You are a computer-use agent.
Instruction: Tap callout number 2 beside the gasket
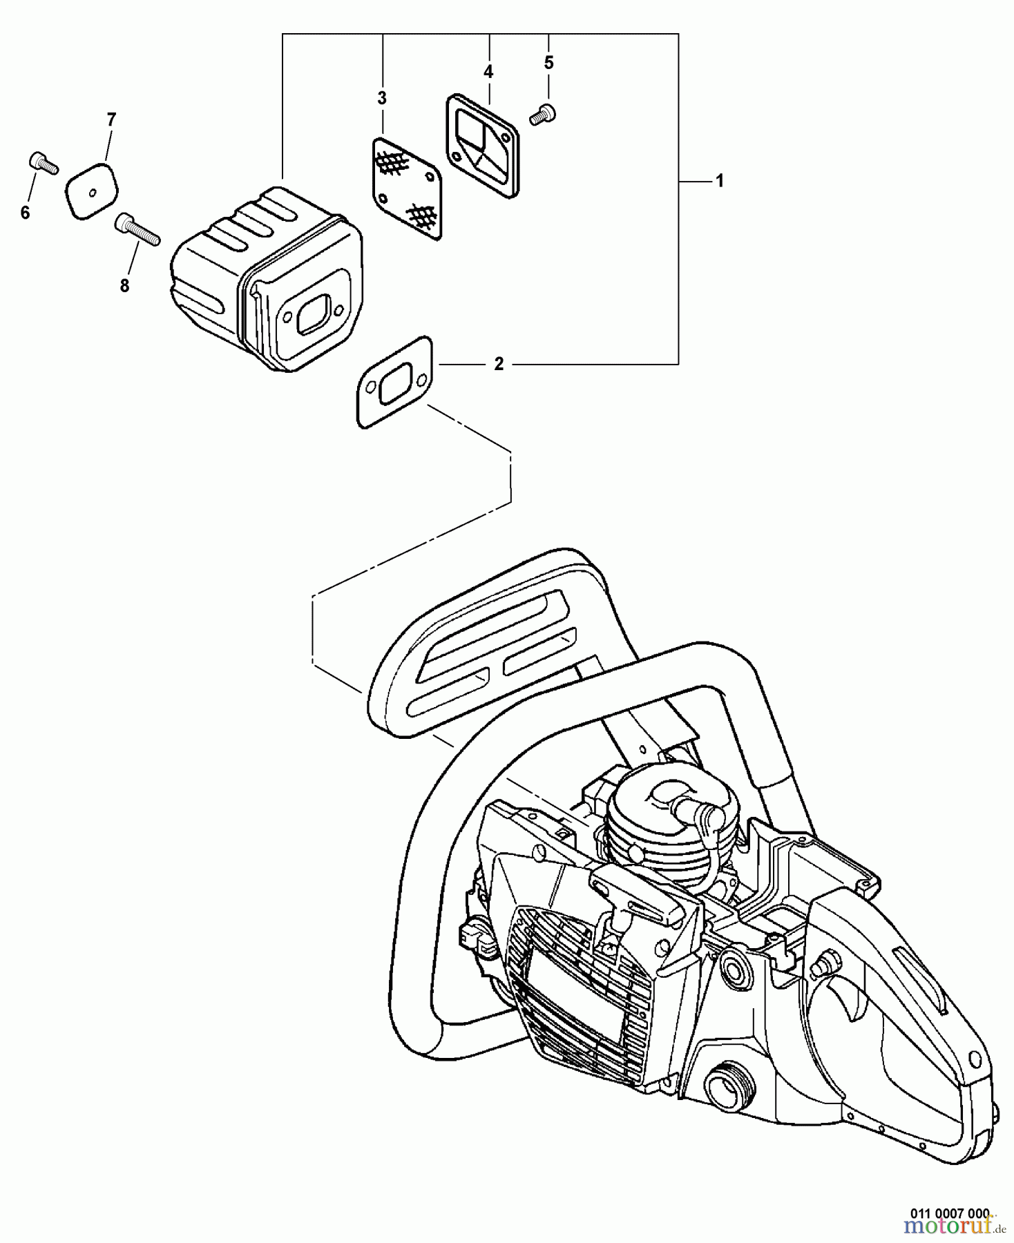499,363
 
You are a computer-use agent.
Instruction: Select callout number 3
382,98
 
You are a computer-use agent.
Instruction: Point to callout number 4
488,71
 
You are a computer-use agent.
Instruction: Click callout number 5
548,63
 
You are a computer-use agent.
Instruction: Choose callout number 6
26,213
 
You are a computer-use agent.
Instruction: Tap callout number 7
111,119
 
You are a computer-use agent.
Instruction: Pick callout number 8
124,285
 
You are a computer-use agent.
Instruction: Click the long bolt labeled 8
137,229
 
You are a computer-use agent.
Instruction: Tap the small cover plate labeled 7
92,191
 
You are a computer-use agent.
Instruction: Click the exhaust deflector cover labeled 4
481,146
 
